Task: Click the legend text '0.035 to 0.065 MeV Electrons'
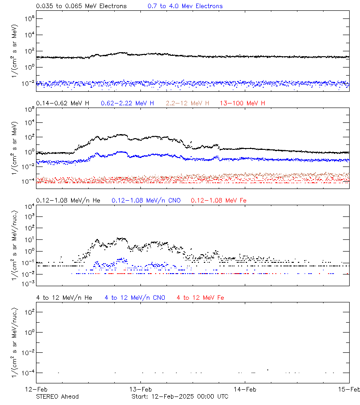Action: coord(81,6)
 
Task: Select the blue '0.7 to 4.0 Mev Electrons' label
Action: coord(185,6)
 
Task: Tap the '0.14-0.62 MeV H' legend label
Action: coord(63,103)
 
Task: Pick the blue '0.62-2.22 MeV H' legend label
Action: coord(127,103)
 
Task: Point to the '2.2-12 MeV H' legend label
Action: coord(188,103)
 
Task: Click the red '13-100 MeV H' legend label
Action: coord(243,103)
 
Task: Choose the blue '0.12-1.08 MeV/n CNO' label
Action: coord(146,200)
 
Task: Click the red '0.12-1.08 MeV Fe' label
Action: coord(218,200)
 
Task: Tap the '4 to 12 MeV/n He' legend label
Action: coord(64,297)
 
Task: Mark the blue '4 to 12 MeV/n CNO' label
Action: coord(135,297)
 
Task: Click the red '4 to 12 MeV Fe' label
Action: coord(200,297)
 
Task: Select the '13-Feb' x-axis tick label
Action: coord(140,389)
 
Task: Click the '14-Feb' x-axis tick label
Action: coord(244,389)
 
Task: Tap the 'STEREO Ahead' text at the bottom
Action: coord(57,396)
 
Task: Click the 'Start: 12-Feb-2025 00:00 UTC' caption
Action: coord(180,396)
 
